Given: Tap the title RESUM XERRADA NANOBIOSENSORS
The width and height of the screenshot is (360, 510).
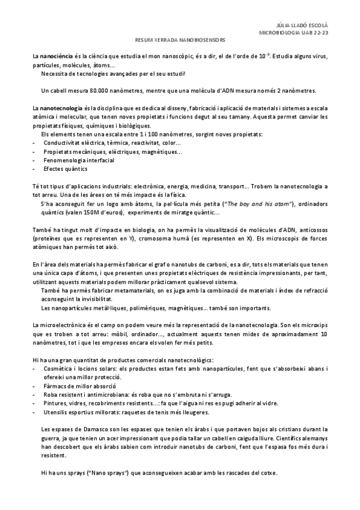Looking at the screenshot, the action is tap(180, 42).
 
